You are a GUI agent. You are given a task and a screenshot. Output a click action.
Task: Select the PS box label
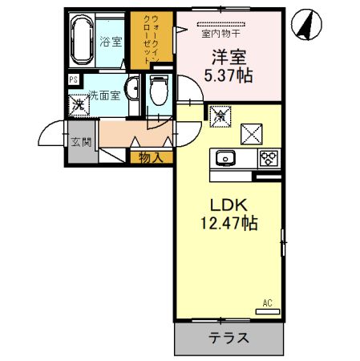(x=73, y=79)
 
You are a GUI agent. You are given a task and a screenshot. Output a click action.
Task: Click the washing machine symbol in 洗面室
(x=78, y=103)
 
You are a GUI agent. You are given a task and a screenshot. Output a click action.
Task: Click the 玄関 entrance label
(x=80, y=142)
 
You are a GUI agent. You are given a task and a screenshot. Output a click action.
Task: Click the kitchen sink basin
(x=224, y=157)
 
